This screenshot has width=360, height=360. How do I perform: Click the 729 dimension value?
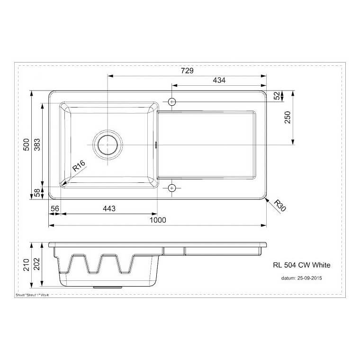point(187,71)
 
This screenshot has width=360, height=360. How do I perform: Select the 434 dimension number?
point(219,81)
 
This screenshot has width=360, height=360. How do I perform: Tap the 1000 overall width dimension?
point(158,220)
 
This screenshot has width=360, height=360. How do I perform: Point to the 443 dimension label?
point(108,208)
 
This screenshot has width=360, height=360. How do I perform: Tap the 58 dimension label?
point(37,192)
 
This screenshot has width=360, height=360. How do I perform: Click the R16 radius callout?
point(79,166)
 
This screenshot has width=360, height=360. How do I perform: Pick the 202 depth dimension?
point(37,264)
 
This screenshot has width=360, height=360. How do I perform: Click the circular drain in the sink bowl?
point(107,144)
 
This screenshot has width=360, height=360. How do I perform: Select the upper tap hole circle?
point(171,101)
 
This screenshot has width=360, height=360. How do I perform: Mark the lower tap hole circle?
point(171,188)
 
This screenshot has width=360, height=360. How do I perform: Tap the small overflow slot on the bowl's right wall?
point(156,144)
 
